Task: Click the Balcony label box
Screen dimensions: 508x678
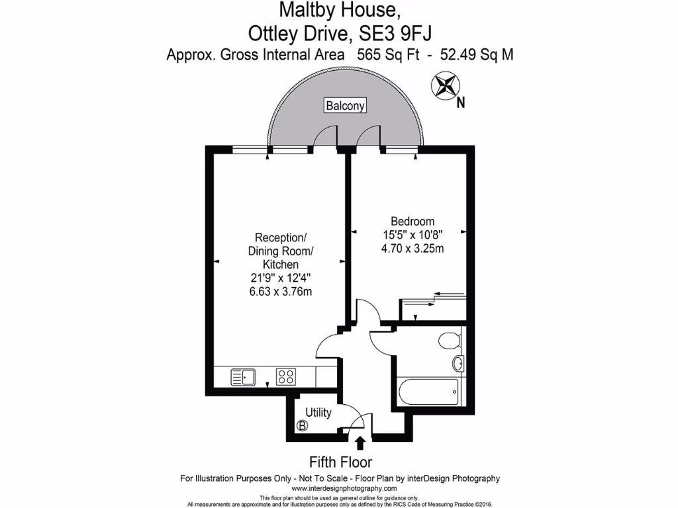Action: tap(344, 105)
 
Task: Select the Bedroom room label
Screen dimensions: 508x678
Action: tap(412, 221)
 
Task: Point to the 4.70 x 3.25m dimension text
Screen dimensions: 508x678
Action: tap(412, 249)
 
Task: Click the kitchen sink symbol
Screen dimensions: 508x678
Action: tap(244, 377)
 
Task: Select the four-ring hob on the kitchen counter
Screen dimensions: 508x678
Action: tap(286, 377)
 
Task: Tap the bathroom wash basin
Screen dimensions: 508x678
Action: tap(458, 363)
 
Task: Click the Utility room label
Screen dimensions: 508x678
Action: tap(318, 413)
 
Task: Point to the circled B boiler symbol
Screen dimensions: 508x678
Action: tap(303, 427)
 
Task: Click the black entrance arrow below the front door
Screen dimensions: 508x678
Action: tap(360, 443)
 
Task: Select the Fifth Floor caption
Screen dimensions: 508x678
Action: tap(340, 462)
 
